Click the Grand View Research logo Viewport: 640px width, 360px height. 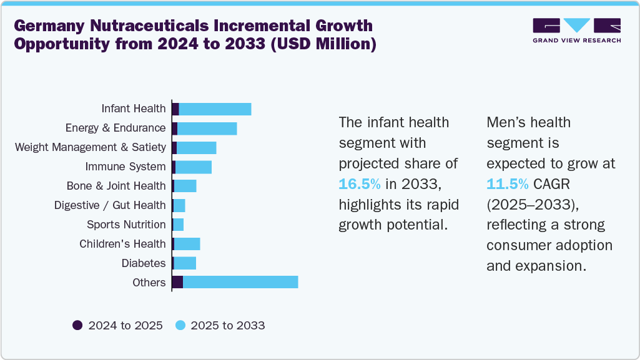(x=576, y=31)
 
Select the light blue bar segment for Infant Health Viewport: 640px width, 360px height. (x=215, y=109)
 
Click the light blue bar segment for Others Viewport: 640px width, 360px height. (x=240, y=282)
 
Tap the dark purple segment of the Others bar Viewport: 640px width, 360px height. (x=177, y=282)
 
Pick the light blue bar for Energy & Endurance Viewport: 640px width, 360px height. (x=207, y=129)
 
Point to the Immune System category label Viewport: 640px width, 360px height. (x=126, y=167)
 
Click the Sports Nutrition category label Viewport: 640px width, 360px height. (x=126, y=225)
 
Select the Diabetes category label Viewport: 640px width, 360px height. (x=144, y=263)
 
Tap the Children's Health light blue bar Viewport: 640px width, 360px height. (x=187, y=244)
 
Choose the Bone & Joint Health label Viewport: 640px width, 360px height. (x=116, y=186)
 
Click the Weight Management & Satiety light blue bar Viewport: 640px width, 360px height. (x=196, y=148)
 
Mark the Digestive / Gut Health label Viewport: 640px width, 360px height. (x=110, y=205)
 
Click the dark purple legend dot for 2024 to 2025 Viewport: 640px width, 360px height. (x=77, y=325)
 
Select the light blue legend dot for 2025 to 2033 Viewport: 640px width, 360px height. (x=180, y=325)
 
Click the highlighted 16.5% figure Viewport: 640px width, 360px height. (x=360, y=184)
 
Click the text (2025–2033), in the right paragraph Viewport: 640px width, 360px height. (x=528, y=205)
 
